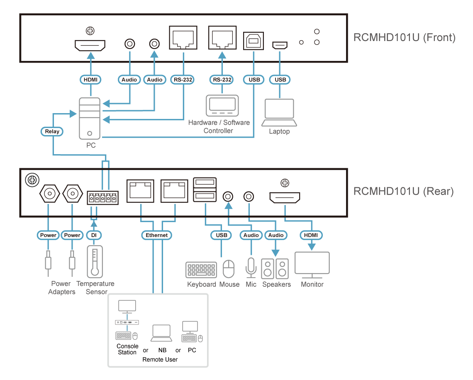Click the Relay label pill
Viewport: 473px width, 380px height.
coord(52,132)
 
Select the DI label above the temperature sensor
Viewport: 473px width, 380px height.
coord(93,235)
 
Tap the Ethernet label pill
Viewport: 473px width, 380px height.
coord(156,235)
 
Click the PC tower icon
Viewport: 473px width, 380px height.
coord(90,119)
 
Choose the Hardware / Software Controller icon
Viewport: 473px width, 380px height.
coord(222,106)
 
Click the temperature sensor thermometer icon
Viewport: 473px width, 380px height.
coord(95,261)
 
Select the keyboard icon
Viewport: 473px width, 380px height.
coord(201,270)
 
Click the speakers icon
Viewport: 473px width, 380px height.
coord(275,268)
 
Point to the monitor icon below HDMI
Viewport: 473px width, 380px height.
coord(312,265)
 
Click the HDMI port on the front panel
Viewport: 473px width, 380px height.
coord(90,45)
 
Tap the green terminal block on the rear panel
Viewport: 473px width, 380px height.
coord(102,198)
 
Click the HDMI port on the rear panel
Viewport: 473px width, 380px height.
coord(285,198)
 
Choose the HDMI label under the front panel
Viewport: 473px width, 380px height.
coord(90,80)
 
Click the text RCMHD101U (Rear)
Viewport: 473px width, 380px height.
coord(403,191)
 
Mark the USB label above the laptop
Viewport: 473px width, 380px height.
coord(280,80)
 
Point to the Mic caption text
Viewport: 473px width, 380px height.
coord(251,284)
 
